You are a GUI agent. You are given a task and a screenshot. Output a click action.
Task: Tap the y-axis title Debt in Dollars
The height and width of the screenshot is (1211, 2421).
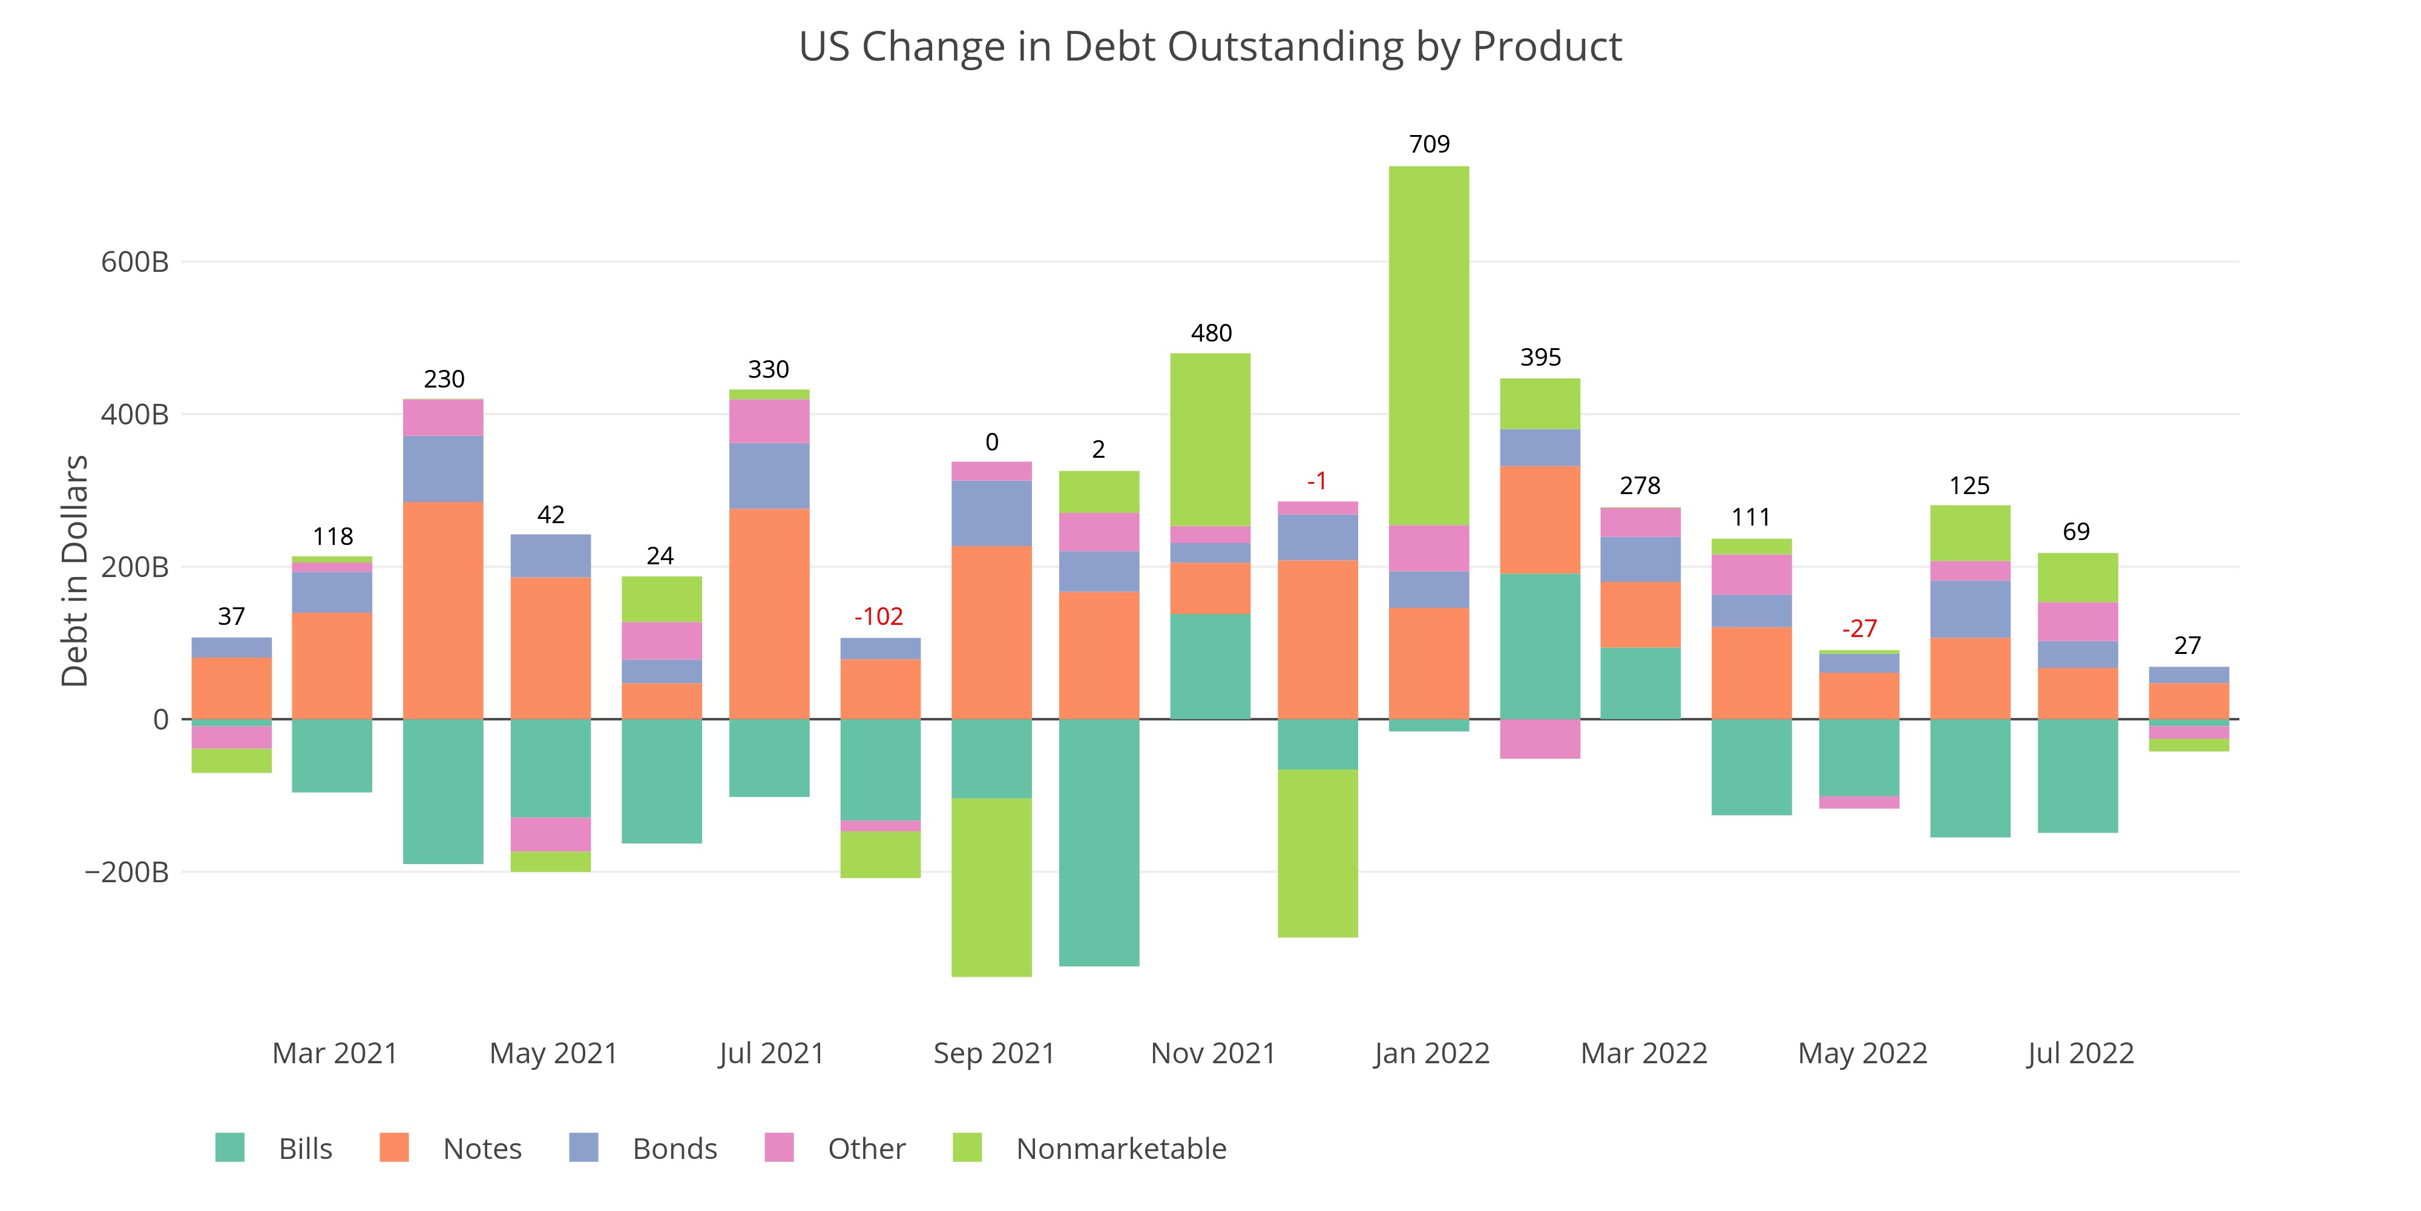[75, 571]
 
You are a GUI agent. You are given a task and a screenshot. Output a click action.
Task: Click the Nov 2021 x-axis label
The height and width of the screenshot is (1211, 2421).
[1212, 1053]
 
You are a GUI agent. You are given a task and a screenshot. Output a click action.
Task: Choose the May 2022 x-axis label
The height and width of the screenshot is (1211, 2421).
[1862, 1053]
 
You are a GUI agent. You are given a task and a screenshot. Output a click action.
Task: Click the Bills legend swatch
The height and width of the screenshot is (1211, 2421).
[230, 1148]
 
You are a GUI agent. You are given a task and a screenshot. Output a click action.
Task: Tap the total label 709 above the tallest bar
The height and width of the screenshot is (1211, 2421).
[1428, 144]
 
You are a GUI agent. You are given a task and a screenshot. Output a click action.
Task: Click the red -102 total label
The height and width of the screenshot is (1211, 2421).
[879, 617]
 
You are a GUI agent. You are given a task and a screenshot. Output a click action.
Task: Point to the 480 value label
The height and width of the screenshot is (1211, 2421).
[1210, 333]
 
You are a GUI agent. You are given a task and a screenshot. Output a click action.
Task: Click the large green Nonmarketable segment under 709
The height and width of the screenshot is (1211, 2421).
[1428, 345]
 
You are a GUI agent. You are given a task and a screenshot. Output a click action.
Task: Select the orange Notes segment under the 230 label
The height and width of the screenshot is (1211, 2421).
[442, 610]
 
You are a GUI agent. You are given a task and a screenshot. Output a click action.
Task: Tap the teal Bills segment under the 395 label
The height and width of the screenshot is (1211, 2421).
[1539, 646]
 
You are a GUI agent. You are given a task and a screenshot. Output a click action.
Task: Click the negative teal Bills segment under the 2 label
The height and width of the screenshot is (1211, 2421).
[1099, 842]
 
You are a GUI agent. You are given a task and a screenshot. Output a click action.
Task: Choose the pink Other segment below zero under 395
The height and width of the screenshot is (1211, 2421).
[1539, 739]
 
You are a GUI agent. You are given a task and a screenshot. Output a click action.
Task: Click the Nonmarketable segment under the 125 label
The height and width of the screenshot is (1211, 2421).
[1970, 533]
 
